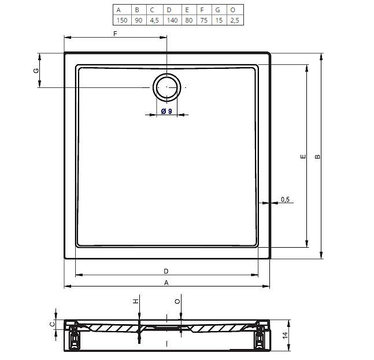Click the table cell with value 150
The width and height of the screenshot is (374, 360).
(x=122, y=20)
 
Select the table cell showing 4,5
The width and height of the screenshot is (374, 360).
(x=154, y=20)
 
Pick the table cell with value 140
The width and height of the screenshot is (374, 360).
(x=172, y=20)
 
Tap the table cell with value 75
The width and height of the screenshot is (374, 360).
(x=204, y=20)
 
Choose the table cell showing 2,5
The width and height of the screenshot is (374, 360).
(x=235, y=20)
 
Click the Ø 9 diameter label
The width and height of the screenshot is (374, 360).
(x=166, y=111)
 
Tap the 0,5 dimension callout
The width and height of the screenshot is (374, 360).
(x=285, y=199)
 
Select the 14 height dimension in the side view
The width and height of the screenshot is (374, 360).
(x=286, y=335)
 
